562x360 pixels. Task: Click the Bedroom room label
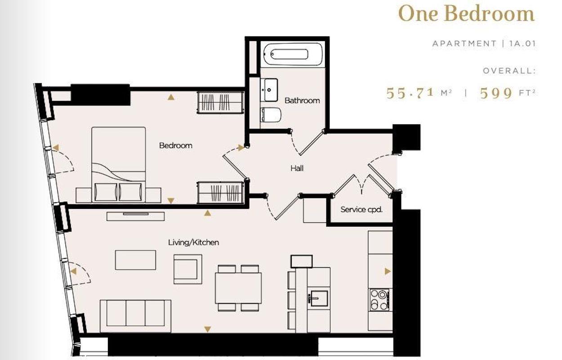[175, 145]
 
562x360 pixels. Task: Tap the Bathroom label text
[302, 100]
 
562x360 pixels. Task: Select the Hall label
[297, 168]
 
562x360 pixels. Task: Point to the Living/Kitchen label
[193, 243]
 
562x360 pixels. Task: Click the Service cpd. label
[361, 209]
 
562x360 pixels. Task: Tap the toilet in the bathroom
[271, 116]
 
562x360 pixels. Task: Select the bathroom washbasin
[269, 89]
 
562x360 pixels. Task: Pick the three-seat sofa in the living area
[135, 313]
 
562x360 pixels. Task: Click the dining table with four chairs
[238, 288]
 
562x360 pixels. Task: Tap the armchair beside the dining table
[188, 269]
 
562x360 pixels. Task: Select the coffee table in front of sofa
[135, 260]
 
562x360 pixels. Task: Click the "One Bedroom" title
[466, 14]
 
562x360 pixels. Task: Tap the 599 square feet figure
[496, 93]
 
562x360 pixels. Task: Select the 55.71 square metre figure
[411, 93]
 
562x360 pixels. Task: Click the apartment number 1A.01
[522, 44]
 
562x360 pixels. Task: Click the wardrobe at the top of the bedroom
[220, 103]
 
